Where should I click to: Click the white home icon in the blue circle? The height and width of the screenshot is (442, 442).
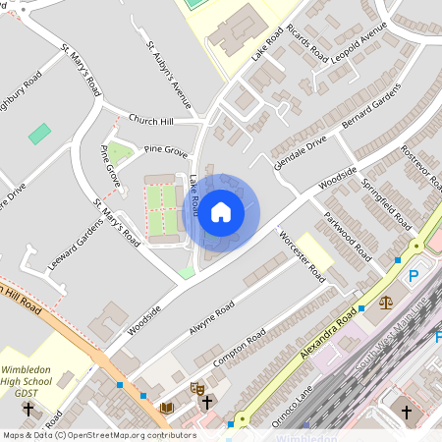coord(221,211)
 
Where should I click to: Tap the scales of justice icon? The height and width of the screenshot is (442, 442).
coord(385,303)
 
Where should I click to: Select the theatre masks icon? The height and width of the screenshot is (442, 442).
coord(195,389)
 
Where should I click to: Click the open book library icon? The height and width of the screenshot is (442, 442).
coord(166,407)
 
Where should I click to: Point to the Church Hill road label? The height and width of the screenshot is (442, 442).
coord(153,122)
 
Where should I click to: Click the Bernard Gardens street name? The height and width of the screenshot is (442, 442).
coord(372,107)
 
